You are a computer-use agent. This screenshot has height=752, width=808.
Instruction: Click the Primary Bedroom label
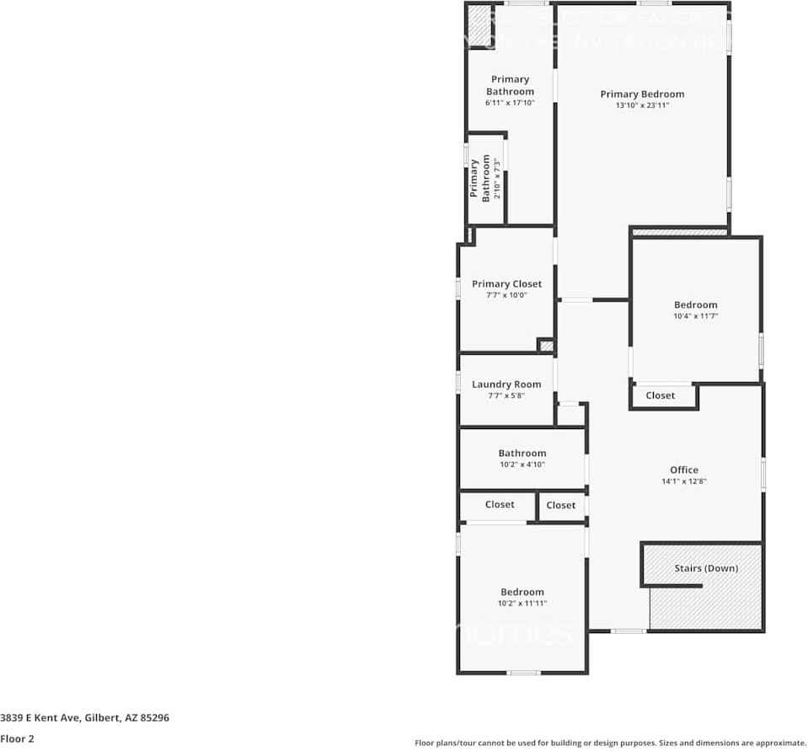pos(642,94)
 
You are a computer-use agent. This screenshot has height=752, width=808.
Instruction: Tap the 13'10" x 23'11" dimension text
pos(642,106)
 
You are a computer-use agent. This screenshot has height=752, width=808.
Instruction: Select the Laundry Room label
pos(506,384)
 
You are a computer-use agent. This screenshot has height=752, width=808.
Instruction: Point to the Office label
pos(683,470)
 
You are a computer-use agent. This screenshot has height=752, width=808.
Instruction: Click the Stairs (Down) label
pos(706,568)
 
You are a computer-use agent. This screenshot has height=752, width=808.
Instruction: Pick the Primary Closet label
pos(506,284)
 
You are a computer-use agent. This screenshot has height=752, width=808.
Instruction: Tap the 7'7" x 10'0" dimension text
pos(506,296)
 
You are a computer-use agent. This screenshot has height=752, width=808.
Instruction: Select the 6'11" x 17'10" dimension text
pos(510,103)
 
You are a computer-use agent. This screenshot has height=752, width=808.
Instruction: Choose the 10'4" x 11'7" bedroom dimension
pos(695,317)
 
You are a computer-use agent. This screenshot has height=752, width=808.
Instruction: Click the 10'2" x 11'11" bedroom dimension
pos(522,604)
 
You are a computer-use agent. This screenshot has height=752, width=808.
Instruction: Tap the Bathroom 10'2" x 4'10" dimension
pos(522,465)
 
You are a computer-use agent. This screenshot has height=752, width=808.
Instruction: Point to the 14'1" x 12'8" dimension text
pos(683,481)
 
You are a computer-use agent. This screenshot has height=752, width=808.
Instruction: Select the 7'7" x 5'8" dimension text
pos(506,395)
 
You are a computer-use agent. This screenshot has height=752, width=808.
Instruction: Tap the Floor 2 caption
pos(16,738)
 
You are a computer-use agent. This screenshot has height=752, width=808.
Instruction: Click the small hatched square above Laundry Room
pos(546,345)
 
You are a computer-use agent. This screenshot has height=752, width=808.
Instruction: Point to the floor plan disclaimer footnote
pos(610,743)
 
